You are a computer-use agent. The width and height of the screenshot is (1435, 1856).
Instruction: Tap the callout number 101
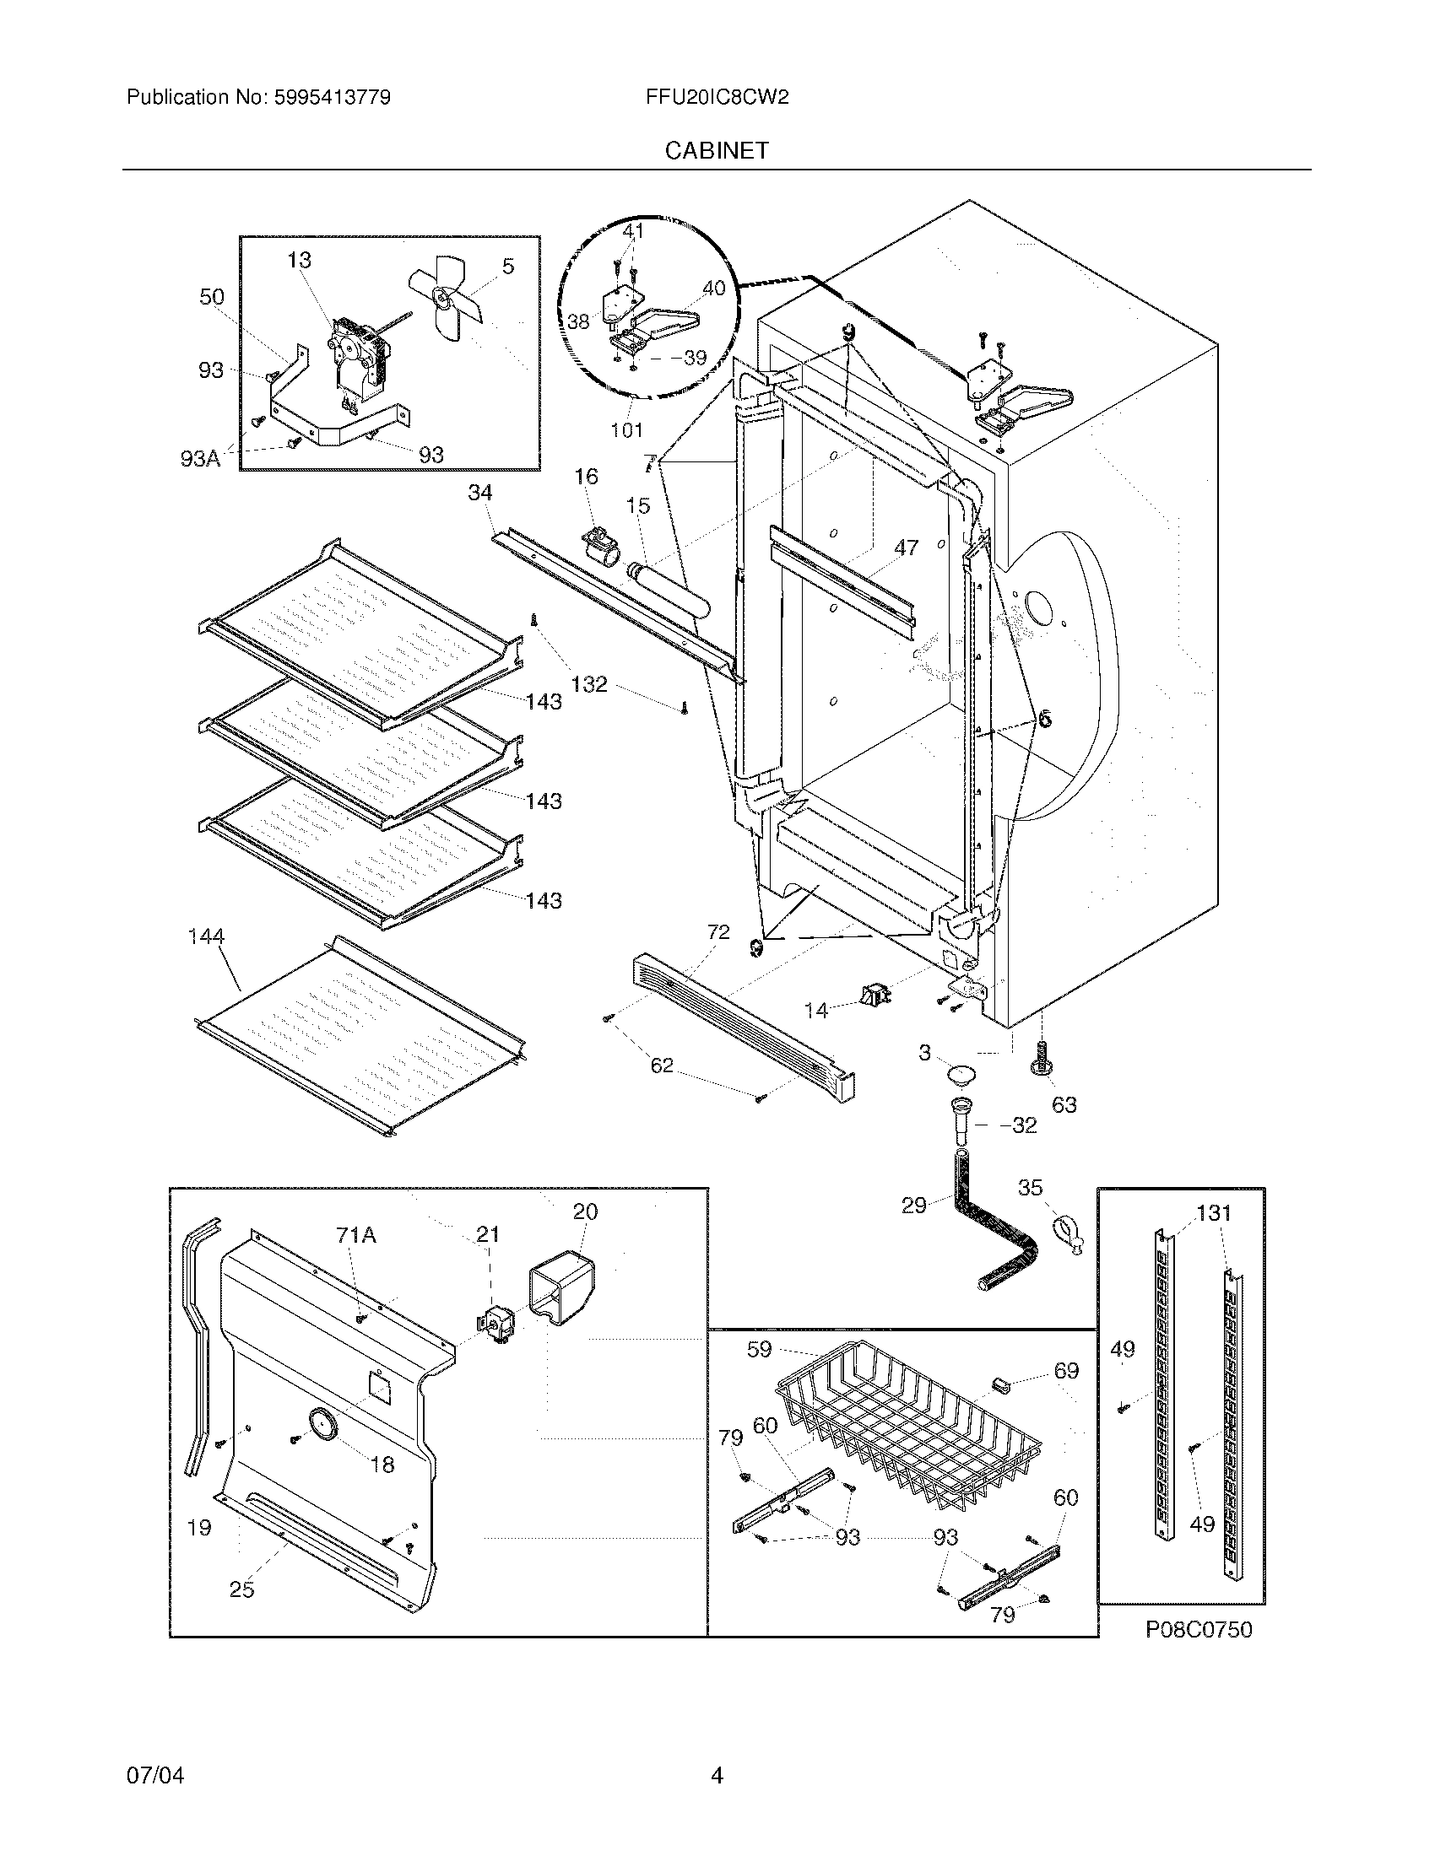[x=626, y=430]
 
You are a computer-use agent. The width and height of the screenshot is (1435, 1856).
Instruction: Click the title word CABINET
[x=717, y=150]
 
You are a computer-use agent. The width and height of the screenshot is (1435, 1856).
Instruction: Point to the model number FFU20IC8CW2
[x=717, y=97]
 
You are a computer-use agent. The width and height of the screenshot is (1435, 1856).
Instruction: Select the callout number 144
[x=206, y=936]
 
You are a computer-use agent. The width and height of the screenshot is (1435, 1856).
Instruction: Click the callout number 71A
[x=356, y=1234]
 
